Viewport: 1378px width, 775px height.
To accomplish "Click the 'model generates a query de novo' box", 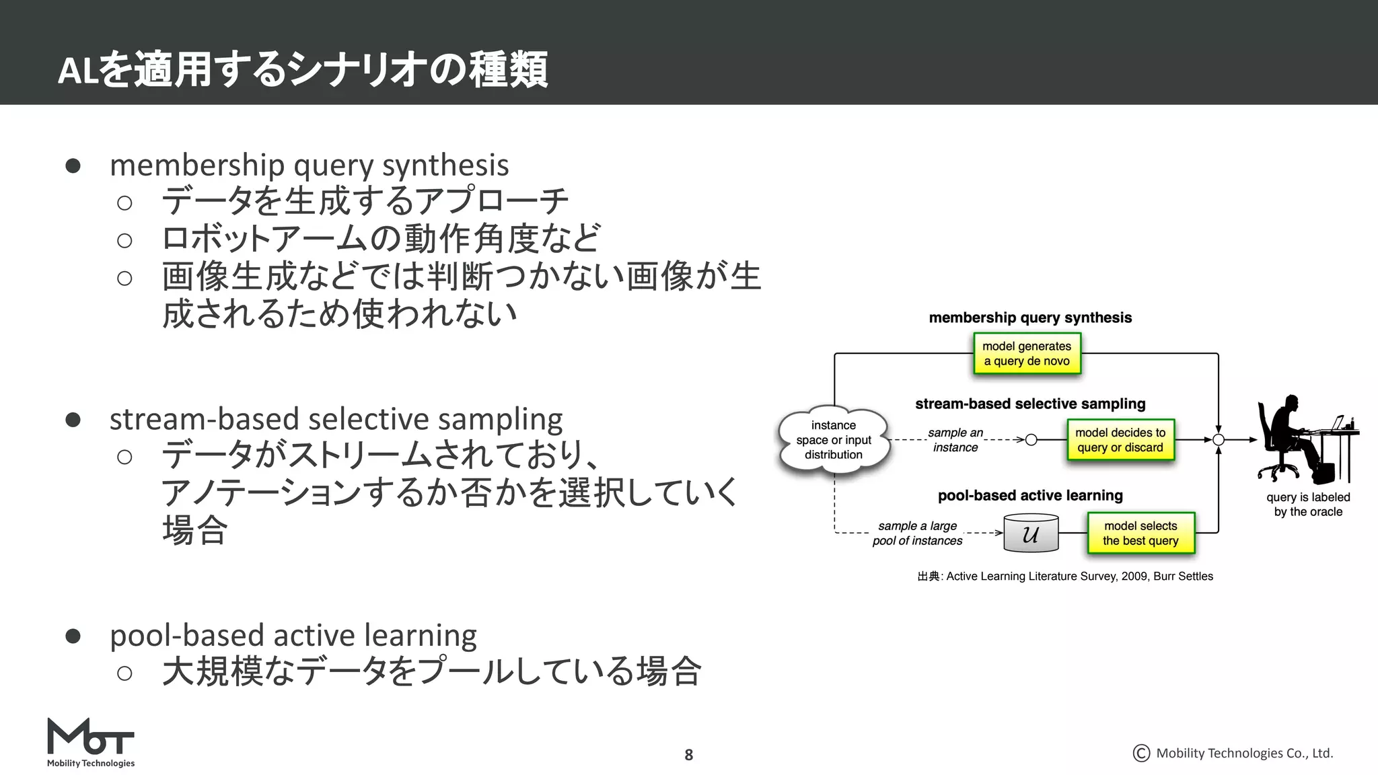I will coord(1027,354).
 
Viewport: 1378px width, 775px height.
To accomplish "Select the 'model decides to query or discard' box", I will coord(1120,440).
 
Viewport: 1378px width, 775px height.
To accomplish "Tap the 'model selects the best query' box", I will coord(1140,533).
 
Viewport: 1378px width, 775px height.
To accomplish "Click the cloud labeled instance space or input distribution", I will coord(834,440).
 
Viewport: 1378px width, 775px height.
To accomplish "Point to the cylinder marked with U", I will coord(1031,533).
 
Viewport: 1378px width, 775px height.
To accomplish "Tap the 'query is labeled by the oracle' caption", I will coord(1308,505).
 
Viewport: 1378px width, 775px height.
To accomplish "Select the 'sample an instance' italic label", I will coord(955,440).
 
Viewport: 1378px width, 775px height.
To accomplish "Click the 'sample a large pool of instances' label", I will coord(917,533).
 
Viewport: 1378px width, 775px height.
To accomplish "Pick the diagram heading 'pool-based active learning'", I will coord(1030,496).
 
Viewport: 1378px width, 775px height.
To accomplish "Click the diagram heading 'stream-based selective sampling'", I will coord(1030,404).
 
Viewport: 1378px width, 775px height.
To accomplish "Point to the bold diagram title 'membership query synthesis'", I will coord(1030,318).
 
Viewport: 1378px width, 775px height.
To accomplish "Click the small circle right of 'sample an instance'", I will coord(1031,440).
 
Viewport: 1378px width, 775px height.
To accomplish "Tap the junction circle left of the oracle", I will coord(1218,440).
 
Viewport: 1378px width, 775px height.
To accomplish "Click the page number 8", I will coord(688,755).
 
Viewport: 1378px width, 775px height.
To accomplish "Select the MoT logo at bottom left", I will coord(90,742).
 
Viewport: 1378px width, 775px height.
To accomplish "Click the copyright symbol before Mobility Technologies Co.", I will coord(1141,753).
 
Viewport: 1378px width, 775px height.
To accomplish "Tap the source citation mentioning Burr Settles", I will coord(1065,577).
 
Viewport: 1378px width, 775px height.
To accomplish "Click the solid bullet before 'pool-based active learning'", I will coord(73,636).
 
